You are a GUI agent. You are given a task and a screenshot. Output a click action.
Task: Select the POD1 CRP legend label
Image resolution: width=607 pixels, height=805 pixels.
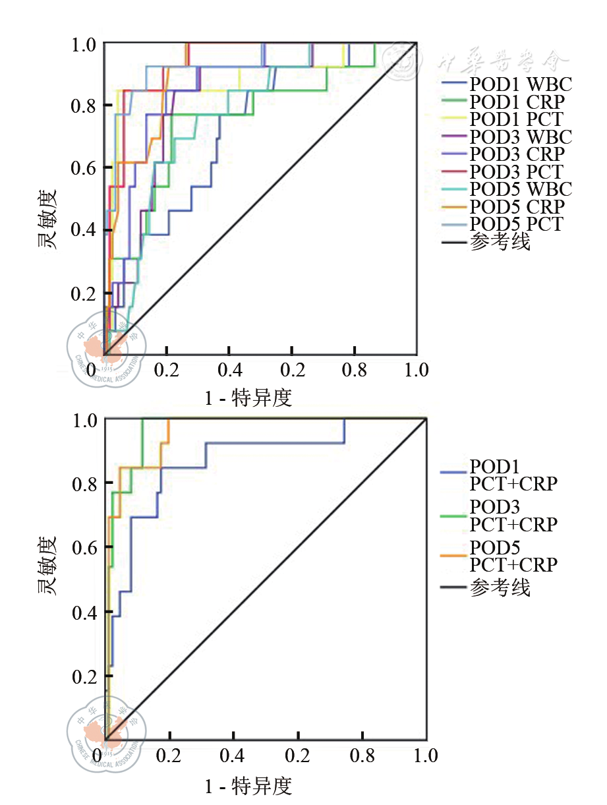point(517,102)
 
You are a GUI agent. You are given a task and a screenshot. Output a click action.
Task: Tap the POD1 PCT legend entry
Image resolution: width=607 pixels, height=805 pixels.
point(517,119)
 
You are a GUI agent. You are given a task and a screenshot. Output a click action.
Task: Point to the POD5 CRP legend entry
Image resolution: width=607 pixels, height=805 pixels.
point(517,206)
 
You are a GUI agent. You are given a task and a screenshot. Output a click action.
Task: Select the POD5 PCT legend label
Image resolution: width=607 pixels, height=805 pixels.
point(517,224)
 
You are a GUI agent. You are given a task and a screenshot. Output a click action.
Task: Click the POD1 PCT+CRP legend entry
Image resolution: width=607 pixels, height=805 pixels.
point(513,475)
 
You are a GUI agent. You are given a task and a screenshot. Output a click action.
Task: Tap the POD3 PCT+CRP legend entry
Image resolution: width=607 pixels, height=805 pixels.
point(513,516)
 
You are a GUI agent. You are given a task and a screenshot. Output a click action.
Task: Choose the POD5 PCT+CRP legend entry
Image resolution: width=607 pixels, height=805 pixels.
point(513,556)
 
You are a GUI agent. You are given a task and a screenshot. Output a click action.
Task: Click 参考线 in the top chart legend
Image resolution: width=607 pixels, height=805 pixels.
point(500,242)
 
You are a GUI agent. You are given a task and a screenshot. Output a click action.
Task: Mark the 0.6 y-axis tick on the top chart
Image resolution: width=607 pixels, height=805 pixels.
point(84,167)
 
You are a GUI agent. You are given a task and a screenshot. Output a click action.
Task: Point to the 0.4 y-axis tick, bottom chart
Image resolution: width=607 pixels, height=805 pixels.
point(84,612)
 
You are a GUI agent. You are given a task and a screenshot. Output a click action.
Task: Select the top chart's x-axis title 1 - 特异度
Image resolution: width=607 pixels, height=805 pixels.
point(248,398)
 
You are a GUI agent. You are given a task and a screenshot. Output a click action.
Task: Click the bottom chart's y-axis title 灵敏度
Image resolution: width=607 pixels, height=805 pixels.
point(47,566)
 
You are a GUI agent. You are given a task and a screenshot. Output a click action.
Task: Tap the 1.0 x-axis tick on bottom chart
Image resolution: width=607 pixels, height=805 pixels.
point(424,755)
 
